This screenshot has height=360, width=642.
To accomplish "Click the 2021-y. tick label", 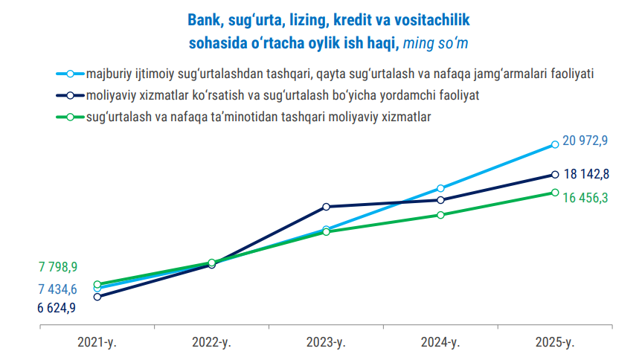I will [x=97, y=343].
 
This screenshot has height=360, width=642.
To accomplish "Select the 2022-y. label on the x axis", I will [x=212, y=343].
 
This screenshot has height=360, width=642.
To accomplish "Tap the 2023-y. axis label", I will [x=327, y=343].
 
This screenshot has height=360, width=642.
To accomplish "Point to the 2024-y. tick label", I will [x=441, y=343].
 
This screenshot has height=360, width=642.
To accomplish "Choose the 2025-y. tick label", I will [x=555, y=343].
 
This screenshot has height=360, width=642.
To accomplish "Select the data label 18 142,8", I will [x=588, y=174].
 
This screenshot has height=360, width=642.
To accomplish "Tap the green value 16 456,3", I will [x=588, y=198].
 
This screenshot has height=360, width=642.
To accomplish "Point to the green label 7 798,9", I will [x=58, y=267].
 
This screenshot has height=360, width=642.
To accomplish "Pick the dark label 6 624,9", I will [x=58, y=309].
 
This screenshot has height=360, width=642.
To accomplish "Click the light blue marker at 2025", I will [x=555, y=144].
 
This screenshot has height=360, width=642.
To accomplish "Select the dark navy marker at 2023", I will [x=327, y=207].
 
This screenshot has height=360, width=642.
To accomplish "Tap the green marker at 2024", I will [x=441, y=215].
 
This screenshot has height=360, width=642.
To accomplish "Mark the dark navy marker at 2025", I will [x=555, y=175].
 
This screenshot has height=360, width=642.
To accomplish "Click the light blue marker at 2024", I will [x=441, y=188].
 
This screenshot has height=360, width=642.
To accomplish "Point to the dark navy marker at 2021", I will [x=97, y=297].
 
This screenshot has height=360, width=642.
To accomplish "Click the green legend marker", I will [x=70, y=117].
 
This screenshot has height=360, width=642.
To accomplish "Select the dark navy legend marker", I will [x=70, y=95].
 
